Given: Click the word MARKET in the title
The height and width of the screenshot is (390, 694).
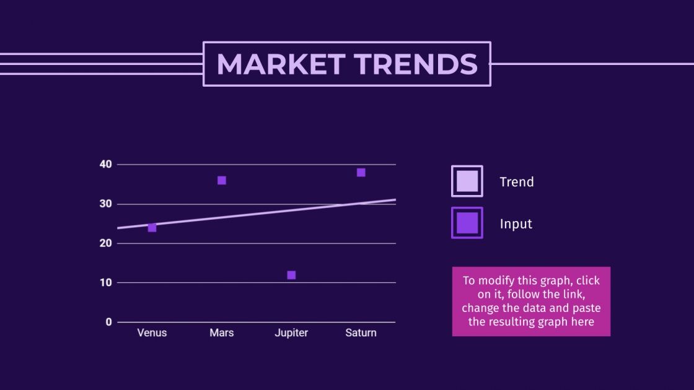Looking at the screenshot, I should pos(281,64).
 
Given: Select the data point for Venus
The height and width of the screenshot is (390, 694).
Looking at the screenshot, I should pos(152,228).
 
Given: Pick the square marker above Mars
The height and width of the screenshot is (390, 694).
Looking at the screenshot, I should pos(222,181).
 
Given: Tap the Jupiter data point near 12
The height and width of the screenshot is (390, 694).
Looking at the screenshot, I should pos(291,275).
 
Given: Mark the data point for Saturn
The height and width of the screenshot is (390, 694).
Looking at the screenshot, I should pos(361,173).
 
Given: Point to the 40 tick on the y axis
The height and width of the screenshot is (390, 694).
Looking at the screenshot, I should pos(105,165).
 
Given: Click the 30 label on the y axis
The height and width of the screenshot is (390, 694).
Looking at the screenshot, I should pos(105,204).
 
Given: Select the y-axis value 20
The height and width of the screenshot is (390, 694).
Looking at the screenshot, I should pos(105,243).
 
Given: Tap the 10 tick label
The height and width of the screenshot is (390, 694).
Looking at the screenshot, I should pos(105,282).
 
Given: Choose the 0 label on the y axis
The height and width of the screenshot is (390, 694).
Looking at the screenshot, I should pos(109,322).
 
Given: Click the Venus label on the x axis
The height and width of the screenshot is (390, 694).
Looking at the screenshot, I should pos(152,333).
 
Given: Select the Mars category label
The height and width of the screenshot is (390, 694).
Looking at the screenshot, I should pos(222,333).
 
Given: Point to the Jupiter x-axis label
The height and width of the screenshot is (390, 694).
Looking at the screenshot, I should pos(291,333).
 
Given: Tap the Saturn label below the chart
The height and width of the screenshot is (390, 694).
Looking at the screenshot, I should pos(361,333).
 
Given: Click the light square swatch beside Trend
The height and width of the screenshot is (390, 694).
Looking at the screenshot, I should pos(467,181).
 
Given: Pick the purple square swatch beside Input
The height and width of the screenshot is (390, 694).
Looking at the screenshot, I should pos(467,223).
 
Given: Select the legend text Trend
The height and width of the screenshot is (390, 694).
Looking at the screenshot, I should pos(517,182).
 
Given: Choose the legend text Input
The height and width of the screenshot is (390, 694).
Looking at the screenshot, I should pos(516,224).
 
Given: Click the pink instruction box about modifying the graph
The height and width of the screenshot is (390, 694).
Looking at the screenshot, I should pos(531,301).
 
